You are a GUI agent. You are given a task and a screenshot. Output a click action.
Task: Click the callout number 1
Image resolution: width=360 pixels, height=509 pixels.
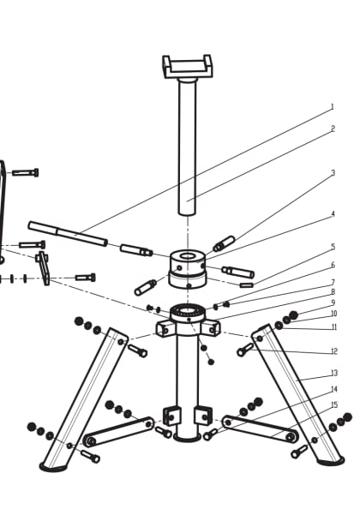[x=332, y=107]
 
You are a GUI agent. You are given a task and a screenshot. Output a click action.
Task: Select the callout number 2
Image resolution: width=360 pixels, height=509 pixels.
[x=332, y=129]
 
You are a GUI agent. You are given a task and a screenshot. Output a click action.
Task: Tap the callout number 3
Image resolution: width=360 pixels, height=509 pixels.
[x=332, y=173]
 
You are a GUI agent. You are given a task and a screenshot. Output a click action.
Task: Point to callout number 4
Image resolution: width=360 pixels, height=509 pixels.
[x=332, y=214]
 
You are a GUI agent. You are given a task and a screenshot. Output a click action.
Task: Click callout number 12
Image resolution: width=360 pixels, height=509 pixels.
[x=333, y=351]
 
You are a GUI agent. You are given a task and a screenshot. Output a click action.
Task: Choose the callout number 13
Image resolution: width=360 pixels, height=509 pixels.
[x=333, y=374]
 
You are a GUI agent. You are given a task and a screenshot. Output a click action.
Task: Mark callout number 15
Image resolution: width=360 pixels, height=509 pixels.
[x=333, y=404]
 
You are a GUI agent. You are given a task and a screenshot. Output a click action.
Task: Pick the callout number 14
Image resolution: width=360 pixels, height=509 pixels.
[x=333, y=389]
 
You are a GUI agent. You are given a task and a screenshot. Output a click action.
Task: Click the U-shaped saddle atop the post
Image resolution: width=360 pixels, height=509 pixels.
[x=187, y=66]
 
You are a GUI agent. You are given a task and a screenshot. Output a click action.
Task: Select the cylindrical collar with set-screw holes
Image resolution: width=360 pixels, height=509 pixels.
[x=187, y=268]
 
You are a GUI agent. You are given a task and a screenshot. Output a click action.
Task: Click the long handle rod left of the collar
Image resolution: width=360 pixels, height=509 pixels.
[x=68, y=234]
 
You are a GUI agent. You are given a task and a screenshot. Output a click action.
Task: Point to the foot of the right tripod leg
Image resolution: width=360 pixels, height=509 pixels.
[x=330, y=461]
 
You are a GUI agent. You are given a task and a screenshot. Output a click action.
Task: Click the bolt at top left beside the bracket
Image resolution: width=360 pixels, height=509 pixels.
[x=25, y=172]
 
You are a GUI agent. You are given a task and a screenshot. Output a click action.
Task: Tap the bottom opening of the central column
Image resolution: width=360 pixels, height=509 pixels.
[x=187, y=437]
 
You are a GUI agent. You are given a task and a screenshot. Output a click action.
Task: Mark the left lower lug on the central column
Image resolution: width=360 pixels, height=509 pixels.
[x=171, y=416]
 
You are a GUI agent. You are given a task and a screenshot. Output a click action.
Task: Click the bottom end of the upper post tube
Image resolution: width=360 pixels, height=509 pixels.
[x=187, y=208]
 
